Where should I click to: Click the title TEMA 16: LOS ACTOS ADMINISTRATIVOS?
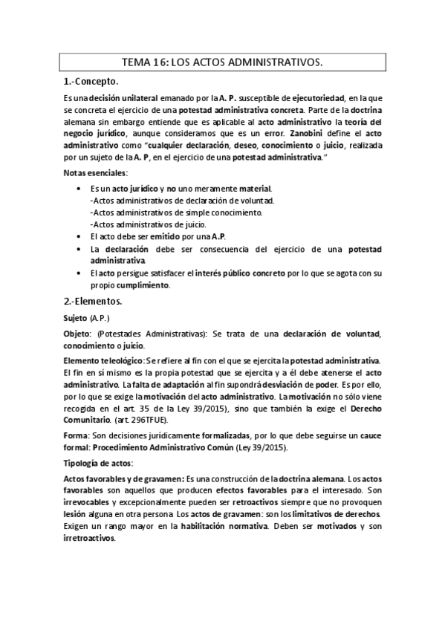coord(222,64)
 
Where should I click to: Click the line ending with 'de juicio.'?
coord(148,224)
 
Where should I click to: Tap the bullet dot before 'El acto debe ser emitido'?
coord(79,236)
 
